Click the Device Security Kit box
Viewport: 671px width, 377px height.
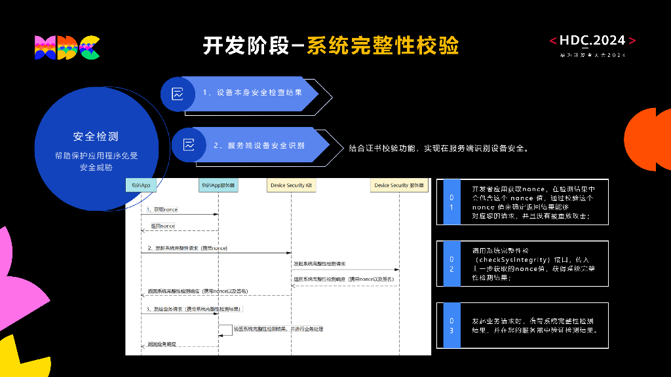pyautogui.click(x=292, y=185)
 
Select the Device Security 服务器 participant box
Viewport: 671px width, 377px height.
pyautogui.click(x=399, y=185)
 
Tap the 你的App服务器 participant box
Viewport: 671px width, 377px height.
pyautogui.click(x=218, y=185)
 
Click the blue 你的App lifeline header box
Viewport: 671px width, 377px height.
pyautogui.click(x=141, y=185)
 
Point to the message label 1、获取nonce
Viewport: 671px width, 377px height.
pyautogui.click(x=161, y=209)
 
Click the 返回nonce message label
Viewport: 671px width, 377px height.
pyautogui.click(x=163, y=226)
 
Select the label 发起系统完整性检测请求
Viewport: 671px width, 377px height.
pyautogui.click(x=320, y=264)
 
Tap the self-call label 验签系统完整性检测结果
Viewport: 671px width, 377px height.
pyautogui.click(x=278, y=329)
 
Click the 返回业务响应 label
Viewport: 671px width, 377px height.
pyautogui.click(x=162, y=344)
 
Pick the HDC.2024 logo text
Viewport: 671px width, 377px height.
pyautogui.click(x=592, y=41)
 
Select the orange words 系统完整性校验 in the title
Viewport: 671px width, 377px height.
pyautogui.click(x=383, y=46)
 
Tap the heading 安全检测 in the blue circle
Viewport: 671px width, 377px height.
pyautogui.click(x=96, y=137)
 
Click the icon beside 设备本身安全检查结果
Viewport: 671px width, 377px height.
pyautogui.click(x=178, y=94)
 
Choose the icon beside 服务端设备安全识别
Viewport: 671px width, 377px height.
pyautogui.click(x=189, y=145)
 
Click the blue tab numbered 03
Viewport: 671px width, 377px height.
pyautogui.click(x=451, y=325)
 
